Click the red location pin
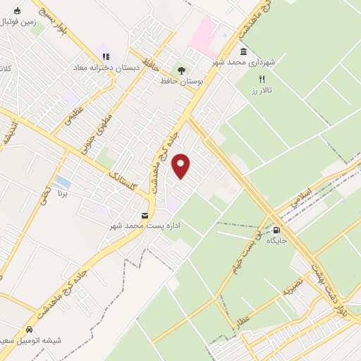pos(182,166)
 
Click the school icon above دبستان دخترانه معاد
pos(105,56)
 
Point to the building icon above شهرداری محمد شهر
pos(243,51)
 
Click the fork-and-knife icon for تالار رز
pos(262,80)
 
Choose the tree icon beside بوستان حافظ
pos(181,71)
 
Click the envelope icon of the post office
pos(145,215)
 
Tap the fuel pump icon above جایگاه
pos(276,230)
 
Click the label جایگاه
pos(276,241)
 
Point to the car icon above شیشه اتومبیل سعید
pos(29,329)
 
